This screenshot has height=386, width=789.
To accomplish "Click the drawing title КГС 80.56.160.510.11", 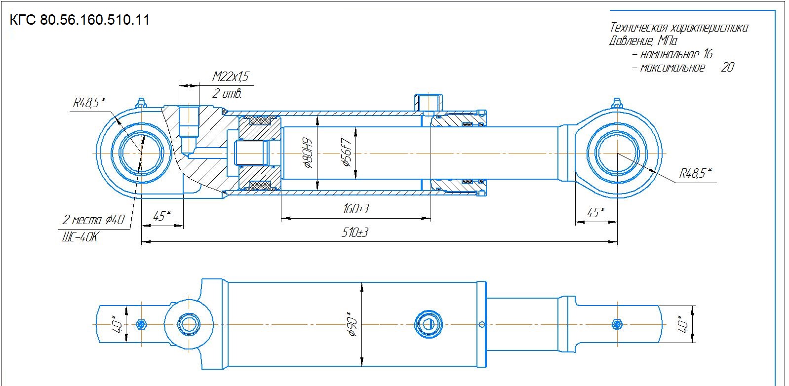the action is coord(79,20).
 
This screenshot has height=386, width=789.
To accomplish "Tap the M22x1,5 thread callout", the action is coord(231,77).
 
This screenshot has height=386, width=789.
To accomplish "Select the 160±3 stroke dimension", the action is coord(356,209).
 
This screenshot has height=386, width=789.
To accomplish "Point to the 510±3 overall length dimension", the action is coord(355,232).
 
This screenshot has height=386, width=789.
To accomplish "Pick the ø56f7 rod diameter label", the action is coord(346,152).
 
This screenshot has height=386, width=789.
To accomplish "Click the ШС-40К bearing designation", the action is coord(80,237).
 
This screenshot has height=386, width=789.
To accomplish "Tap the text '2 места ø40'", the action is coord(93,220).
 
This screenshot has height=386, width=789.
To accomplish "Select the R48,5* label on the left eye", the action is coord(89,103).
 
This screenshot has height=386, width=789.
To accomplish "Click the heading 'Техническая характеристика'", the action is coord(679,28).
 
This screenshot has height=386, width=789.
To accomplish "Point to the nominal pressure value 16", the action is coord(708,54).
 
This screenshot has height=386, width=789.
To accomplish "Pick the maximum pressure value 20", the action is coord(727,67).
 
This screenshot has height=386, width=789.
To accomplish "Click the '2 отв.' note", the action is coord(227,93).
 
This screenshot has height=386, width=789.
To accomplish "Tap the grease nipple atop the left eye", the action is coord(141,104).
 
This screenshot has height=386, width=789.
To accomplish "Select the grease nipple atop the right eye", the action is coord(617,104).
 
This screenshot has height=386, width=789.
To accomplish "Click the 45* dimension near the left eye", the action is coord(161,216).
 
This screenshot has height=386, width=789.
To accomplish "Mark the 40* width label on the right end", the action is coord(682,324).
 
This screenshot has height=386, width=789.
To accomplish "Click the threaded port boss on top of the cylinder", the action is coord(428,103).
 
